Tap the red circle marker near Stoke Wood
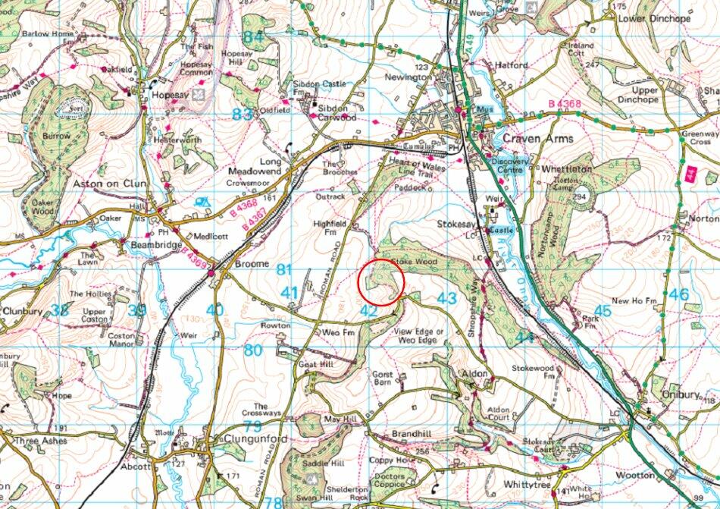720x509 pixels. pos(380,282)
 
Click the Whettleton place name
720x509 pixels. pos(565,168)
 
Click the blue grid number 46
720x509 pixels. pos(679,294)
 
